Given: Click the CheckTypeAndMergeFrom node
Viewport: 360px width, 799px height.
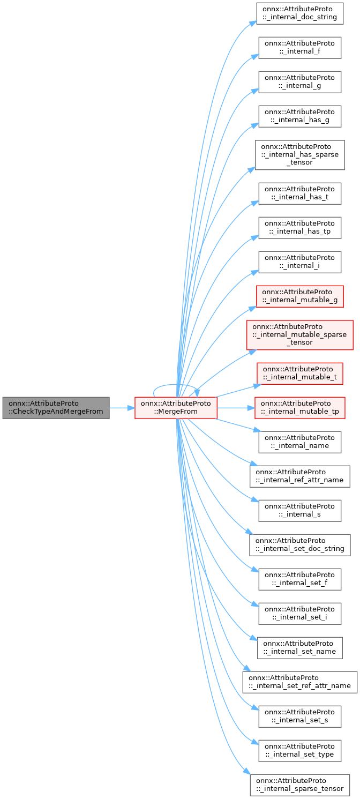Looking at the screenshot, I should (56, 408).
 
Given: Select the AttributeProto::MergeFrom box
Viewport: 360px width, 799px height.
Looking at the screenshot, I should (176, 408).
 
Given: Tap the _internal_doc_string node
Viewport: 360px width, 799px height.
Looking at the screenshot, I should (299, 13).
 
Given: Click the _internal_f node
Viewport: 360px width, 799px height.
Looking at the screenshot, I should (299, 48).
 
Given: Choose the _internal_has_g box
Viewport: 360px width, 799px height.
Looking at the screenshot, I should (299, 116).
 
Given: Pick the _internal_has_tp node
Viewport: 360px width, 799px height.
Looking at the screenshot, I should (299, 228).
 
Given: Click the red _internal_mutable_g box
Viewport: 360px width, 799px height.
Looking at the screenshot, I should (299, 296).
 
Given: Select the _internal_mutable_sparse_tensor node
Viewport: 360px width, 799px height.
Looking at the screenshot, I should (299, 334).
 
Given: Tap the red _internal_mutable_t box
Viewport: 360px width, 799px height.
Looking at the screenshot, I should (299, 374).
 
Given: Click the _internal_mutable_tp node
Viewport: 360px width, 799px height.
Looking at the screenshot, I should (299, 408).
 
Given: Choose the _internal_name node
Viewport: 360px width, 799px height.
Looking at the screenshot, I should (299, 442).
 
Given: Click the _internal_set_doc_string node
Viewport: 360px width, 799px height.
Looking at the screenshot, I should (299, 545).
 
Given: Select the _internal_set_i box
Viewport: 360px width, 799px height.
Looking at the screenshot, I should (299, 614).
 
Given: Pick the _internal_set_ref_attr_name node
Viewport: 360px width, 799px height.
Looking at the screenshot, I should (299, 682).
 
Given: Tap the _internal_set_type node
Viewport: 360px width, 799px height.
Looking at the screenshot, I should (299, 751).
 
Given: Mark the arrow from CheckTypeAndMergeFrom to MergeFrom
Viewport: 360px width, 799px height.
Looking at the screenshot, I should (122, 408).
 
